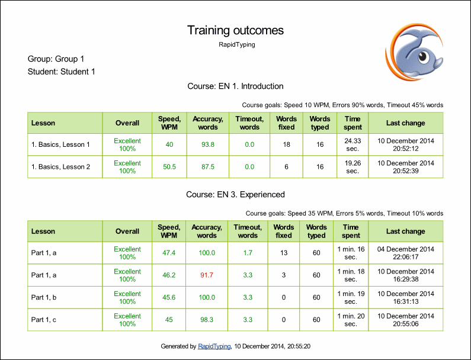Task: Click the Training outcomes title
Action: click(x=235, y=30)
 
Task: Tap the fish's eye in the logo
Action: click(x=423, y=56)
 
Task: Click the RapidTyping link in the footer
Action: click(x=214, y=346)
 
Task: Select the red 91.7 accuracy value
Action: click(x=207, y=275)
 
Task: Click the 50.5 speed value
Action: click(x=169, y=166)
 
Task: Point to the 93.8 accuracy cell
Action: click(x=208, y=144)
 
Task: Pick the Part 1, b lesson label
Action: click(x=44, y=297)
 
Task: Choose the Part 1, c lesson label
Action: click(x=44, y=320)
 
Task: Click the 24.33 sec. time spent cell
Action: click(x=353, y=144)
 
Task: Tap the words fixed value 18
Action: click(x=287, y=144)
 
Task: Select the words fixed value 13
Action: click(x=284, y=253)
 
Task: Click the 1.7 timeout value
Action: click(x=248, y=253)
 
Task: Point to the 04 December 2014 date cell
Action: click(x=405, y=253)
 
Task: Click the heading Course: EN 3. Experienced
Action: click(x=236, y=195)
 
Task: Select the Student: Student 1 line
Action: click(x=61, y=72)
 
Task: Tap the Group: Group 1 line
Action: click(x=56, y=59)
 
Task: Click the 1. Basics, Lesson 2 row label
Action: click(x=60, y=166)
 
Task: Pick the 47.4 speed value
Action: click(x=169, y=253)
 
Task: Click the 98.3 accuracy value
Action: click(x=207, y=320)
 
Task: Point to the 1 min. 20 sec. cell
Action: click(x=351, y=320)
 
